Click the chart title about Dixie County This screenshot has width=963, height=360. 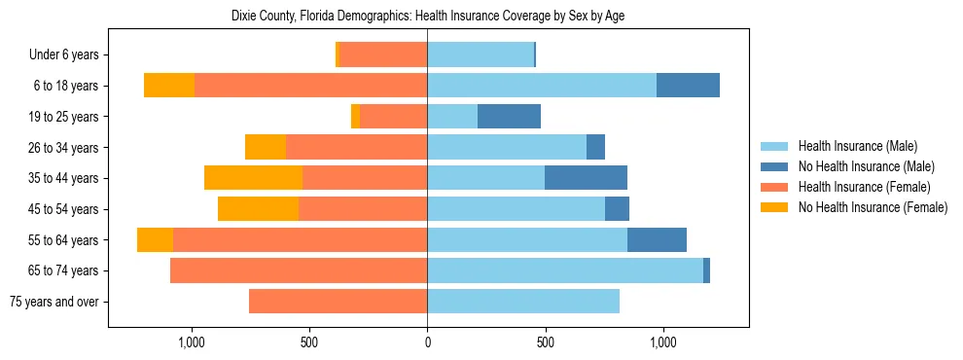428,17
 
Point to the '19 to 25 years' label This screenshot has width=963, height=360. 63,117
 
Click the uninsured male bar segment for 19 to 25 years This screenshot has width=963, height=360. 509,117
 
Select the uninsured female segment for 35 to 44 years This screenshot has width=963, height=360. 253,178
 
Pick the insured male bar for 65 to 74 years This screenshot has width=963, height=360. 564,270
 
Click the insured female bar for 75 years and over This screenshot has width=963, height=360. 338,302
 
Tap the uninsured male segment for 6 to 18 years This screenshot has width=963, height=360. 688,86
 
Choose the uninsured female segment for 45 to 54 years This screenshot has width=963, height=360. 258,209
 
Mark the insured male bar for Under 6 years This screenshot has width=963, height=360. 481,54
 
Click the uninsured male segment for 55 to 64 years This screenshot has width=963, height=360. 657,240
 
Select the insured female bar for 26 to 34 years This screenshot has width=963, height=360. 356,147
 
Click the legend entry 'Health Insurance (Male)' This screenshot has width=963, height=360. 857,146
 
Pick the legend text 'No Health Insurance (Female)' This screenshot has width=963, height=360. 872,207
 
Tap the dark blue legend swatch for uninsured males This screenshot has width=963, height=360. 774,166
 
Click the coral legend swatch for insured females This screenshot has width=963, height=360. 774,187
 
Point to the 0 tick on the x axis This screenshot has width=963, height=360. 427,342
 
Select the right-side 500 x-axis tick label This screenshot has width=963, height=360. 545,342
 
